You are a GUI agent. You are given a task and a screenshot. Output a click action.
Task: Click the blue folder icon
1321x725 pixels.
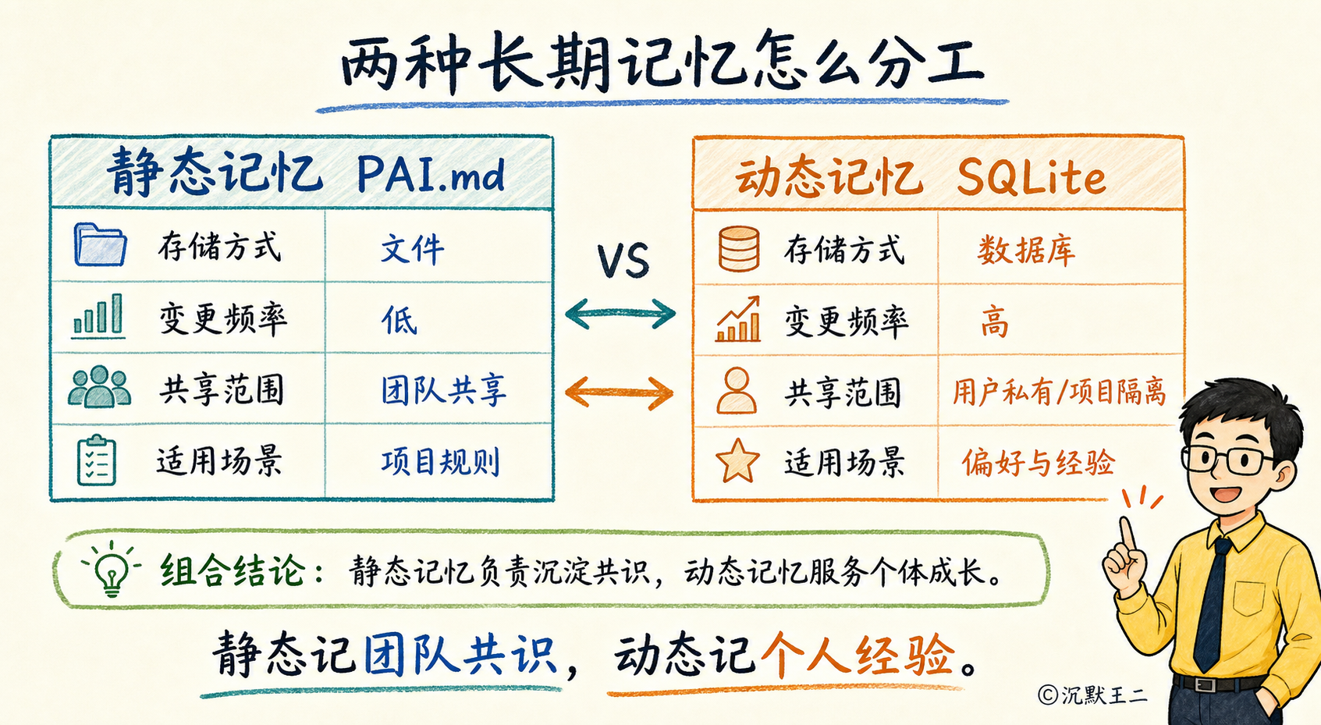click(x=100, y=244)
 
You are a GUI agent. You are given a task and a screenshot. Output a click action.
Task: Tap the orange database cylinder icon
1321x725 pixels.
click(x=738, y=249)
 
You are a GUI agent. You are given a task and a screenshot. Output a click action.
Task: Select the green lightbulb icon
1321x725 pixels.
click(x=112, y=567)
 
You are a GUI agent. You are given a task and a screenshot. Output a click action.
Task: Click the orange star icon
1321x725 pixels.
click(x=737, y=461)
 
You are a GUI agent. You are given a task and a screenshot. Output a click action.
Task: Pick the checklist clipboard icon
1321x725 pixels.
click(x=97, y=460)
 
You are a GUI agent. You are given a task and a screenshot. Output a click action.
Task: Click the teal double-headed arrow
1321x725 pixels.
click(x=620, y=313)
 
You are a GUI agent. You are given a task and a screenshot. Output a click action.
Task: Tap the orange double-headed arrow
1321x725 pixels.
click(x=620, y=393)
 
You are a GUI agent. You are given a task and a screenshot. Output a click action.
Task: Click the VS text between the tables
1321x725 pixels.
click(x=623, y=260)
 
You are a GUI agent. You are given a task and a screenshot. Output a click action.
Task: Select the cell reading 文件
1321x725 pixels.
click(x=412, y=249)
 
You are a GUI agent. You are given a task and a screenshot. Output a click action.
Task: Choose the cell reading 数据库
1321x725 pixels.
click(x=1026, y=251)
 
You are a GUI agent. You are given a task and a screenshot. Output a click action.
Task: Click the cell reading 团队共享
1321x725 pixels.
click(x=443, y=390)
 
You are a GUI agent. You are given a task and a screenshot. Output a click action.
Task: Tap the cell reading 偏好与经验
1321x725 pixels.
click(x=1039, y=462)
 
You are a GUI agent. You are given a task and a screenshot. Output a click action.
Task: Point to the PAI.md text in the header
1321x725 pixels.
click(x=431, y=175)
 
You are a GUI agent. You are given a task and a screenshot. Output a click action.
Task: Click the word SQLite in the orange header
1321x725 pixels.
click(x=1031, y=178)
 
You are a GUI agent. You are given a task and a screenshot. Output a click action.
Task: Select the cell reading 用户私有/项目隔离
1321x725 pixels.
click(x=1060, y=392)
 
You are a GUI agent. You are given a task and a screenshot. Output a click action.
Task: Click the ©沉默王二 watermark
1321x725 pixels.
click(x=1093, y=695)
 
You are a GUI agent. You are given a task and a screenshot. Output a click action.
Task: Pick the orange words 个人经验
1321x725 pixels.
click(x=858, y=656)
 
